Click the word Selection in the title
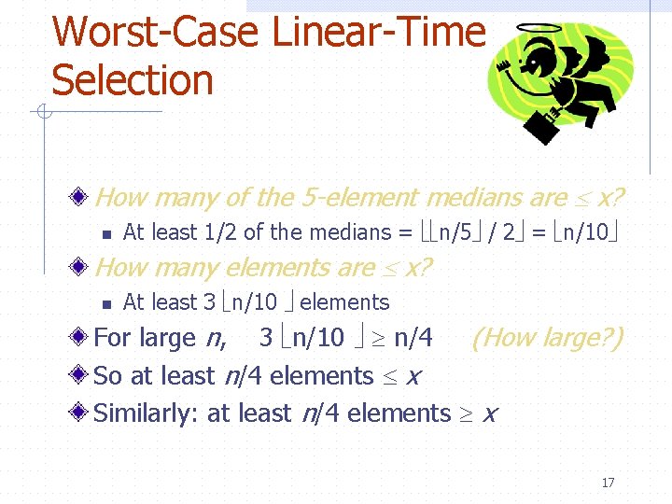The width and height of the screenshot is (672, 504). (x=133, y=80)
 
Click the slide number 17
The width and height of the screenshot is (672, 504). (x=608, y=483)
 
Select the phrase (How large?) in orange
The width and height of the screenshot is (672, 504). (x=547, y=337)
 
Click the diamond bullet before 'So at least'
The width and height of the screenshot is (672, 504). (x=82, y=376)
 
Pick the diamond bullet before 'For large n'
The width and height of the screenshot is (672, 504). (x=82, y=338)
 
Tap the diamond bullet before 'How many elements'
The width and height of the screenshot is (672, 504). (x=82, y=269)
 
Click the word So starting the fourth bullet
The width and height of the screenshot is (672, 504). (x=108, y=375)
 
